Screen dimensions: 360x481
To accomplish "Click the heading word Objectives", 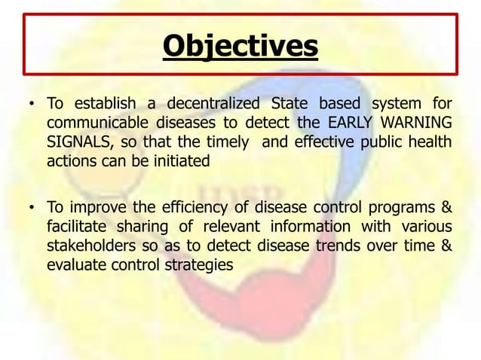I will point(240,46).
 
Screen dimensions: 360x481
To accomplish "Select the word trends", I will point(335,246).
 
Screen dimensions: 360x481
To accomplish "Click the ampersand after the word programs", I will point(446,207).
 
